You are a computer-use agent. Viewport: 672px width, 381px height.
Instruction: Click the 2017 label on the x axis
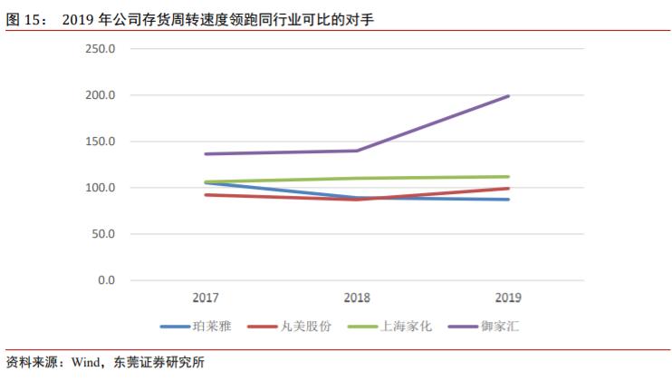tap(206, 298)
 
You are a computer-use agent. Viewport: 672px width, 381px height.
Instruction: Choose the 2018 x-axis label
tap(357, 298)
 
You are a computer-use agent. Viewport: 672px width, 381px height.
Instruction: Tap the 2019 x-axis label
tap(508, 298)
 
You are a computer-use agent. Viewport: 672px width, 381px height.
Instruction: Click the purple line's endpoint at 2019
tap(509, 96)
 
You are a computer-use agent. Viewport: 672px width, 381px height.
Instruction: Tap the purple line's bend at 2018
tap(357, 151)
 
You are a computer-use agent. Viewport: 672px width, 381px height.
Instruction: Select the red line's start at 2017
tap(206, 194)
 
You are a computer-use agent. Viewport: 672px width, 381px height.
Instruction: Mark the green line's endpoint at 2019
tap(509, 177)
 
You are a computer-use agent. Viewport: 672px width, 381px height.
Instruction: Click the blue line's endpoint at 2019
tap(509, 200)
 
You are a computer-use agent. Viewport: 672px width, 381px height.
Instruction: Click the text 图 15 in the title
tap(25, 19)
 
